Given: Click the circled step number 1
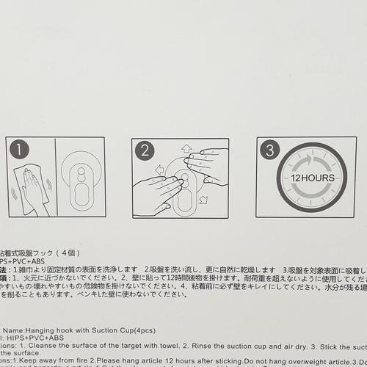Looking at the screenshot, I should (19, 151).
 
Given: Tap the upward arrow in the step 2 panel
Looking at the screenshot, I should (186, 148).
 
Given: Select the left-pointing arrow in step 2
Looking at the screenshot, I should (159, 170).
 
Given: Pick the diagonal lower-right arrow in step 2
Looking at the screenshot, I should (203, 199).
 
